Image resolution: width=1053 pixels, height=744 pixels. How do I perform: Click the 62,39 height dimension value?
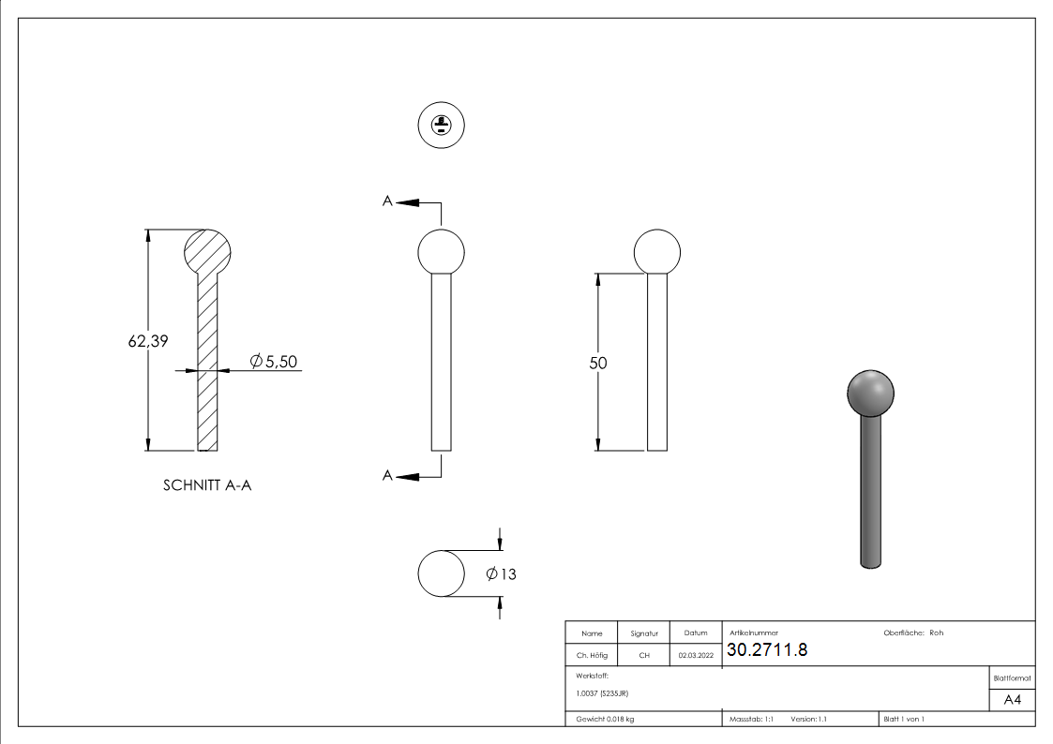[x=148, y=342]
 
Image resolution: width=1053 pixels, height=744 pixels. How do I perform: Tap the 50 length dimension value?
[x=598, y=363]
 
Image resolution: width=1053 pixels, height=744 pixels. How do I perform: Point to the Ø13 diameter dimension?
[x=502, y=574]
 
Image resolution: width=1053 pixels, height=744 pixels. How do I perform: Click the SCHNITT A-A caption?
[x=207, y=485]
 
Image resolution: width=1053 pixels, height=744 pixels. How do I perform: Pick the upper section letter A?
[x=387, y=201]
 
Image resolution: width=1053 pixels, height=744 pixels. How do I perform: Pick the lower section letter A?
[x=387, y=476]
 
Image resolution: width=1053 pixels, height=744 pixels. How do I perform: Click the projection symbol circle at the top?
[x=441, y=125]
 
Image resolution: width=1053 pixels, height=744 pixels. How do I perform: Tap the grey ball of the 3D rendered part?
[x=870, y=392]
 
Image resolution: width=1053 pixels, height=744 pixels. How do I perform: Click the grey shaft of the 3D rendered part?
[x=871, y=492]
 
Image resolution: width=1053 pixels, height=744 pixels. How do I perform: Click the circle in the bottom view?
[x=441, y=573]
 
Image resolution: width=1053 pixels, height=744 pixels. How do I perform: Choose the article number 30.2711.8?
[x=767, y=650]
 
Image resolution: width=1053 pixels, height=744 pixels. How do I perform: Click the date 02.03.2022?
[x=696, y=656]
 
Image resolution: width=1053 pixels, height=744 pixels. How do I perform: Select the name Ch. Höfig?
[x=592, y=656]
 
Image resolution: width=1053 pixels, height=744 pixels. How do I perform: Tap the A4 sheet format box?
[x=1012, y=700]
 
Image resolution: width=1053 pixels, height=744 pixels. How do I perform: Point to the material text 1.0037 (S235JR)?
[x=602, y=692]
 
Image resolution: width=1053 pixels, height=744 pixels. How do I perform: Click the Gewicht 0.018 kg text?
[x=605, y=719]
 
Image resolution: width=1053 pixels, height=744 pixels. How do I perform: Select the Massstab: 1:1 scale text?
[x=751, y=719]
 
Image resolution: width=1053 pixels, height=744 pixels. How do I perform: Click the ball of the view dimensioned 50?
[x=657, y=251]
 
